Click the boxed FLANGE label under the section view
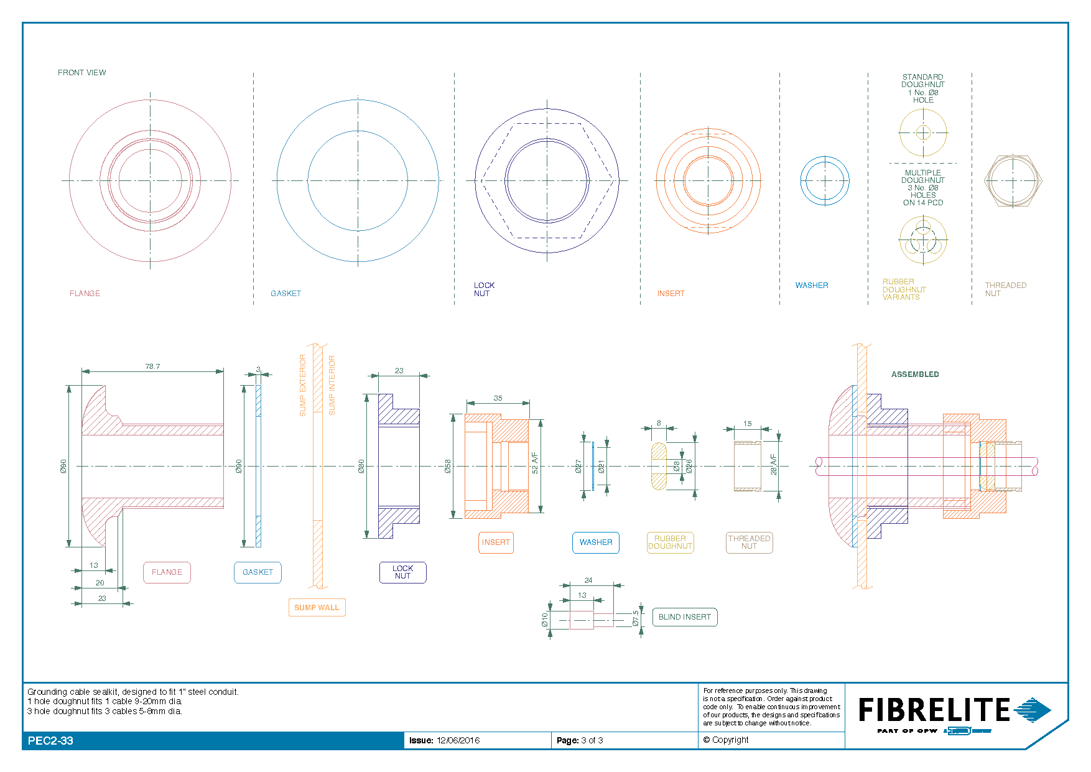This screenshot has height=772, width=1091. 167,572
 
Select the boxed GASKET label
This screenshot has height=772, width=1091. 258,572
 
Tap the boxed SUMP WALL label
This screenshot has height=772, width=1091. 317,608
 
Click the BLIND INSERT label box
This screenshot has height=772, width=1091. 684,617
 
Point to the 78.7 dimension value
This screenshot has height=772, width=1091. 152,366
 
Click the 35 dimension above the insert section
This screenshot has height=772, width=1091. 498,398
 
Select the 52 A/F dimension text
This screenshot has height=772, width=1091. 535,463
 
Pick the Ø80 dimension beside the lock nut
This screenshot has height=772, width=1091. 361,467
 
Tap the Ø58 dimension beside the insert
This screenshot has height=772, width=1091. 448,467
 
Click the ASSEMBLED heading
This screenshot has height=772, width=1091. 915,374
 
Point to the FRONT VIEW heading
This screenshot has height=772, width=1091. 81,73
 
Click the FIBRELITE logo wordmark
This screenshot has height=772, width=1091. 934,710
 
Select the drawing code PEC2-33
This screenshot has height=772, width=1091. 50,741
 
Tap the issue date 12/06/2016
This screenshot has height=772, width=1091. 458,740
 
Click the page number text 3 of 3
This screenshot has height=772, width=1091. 592,740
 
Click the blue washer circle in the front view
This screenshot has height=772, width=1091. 825,181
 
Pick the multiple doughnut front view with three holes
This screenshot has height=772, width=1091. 923,240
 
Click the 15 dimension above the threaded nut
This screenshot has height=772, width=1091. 747,424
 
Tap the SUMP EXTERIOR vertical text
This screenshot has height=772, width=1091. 303,385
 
